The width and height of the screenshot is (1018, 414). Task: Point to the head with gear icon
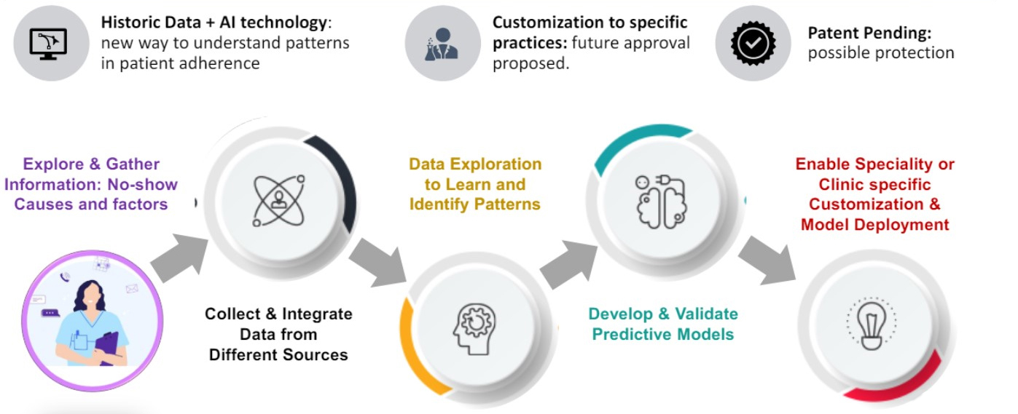click(x=474, y=328)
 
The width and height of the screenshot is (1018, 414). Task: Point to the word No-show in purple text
click(x=142, y=184)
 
